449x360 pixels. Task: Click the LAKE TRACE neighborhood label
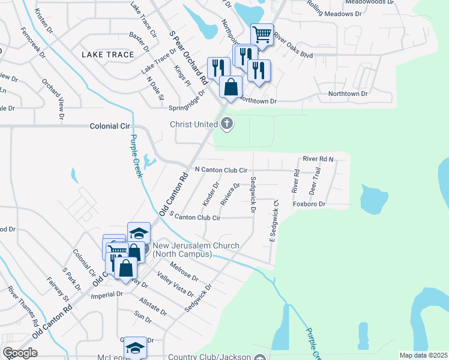(x=107, y=55)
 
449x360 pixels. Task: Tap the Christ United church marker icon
(x=226, y=124)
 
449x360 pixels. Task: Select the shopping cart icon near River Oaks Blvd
(x=262, y=35)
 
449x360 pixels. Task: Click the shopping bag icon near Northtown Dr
(x=231, y=88)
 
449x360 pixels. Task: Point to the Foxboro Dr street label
(x=309, y=204)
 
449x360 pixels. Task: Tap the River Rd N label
(x=318, y=159)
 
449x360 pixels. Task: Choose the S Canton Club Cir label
(x=195, y=217)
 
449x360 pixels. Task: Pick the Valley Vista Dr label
(x=175, y=284)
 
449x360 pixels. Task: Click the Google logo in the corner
(x=20, y=353)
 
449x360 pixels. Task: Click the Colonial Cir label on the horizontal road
(x=110, y=127)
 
